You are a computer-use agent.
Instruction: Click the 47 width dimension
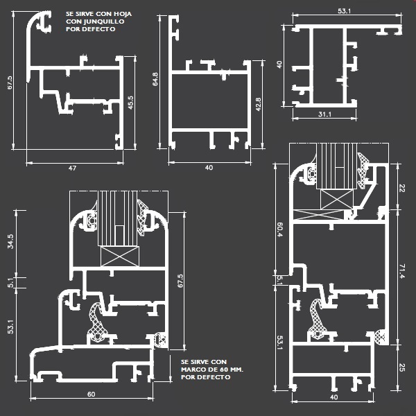pyautogui.click(x=72, y=168)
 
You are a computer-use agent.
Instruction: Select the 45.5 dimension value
pyautogui.click(x=131, y=103)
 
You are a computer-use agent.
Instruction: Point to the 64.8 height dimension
pyautogui.click(x=155, y=79)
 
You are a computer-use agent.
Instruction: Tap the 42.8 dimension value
pyautogui.click(x=258, y=104)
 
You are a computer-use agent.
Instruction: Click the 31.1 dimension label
pyautogui.click(x=324, y=114)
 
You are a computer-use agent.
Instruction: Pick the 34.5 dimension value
pyautogui.click(x=10, y=241)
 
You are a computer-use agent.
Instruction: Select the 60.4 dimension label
pyautogui.click(x=280, y=229)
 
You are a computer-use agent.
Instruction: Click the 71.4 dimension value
pyautogui.click(x=402, y=271)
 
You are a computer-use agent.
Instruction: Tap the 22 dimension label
pyautogui.click(x=402, y=189)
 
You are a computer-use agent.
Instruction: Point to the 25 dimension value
pyautogui.click(x=402, y=367)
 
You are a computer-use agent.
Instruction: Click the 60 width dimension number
pyautogui.click(x=92, y=395)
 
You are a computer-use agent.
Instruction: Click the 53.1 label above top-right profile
pyautogui.click(x=345, y=11)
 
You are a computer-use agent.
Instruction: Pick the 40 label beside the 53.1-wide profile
pyautogui.click(x=279, y=64)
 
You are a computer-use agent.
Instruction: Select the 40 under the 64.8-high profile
pyautogui.click(x=209, y=167)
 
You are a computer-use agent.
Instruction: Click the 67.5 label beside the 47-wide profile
pyautogui.click(x=10, y=83)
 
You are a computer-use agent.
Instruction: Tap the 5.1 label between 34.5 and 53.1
pyautogui.click(x=10, y=283)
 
